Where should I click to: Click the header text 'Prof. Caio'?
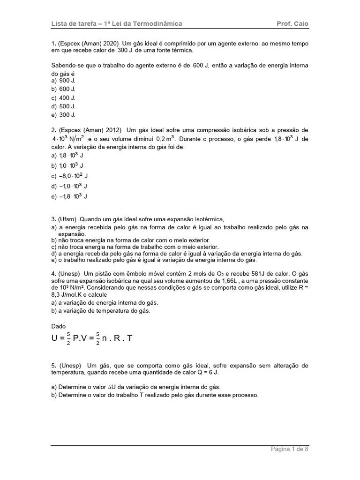(x=293, y=24)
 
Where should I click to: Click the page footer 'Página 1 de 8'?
(x=290, y=449)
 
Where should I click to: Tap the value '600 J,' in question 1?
(x=201, y=66)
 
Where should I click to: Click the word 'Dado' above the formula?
(x=59, y=326)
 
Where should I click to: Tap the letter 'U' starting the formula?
(x=55, y=338)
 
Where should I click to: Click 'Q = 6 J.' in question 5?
(x=206, y=373)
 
